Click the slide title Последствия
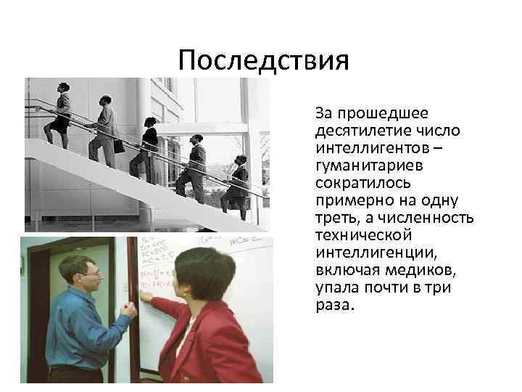[263, 60]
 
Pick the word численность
[430, 218]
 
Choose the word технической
[363, 235]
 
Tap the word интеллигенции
[365, 253]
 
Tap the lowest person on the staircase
[237, 184]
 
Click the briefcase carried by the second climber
[118, 144]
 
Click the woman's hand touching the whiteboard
[145, 295]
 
